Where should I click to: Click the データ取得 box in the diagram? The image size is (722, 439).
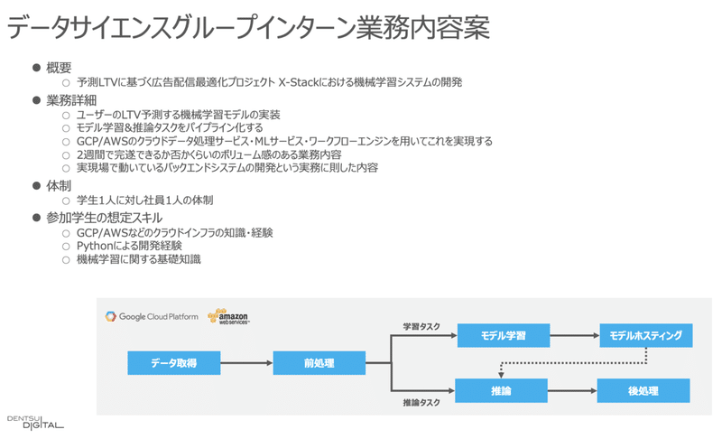[x=174, y=363]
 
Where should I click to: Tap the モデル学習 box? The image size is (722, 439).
[x=503, y=336]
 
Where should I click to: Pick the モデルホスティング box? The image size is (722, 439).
[x=645, y=336]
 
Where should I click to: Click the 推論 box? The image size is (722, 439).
[x=503, y=390]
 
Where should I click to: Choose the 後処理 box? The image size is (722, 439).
[x=643, y=390]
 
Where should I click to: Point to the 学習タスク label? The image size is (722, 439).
[x=421, y=326]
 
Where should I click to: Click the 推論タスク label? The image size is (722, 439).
[x=421, y=402]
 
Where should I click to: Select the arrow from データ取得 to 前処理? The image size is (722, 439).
[x=245, y=363]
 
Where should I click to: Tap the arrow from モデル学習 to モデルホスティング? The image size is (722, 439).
[x=574, y=336]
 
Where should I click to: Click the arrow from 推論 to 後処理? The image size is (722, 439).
[x=574, y=390]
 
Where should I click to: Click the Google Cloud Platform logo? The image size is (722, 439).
[x=152, y=316]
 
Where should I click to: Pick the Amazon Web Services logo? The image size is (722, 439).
[x=227, y=316]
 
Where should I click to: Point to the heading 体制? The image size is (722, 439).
[x=59, y=184]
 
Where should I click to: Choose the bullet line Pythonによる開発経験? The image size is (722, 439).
[x=136, y=246]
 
